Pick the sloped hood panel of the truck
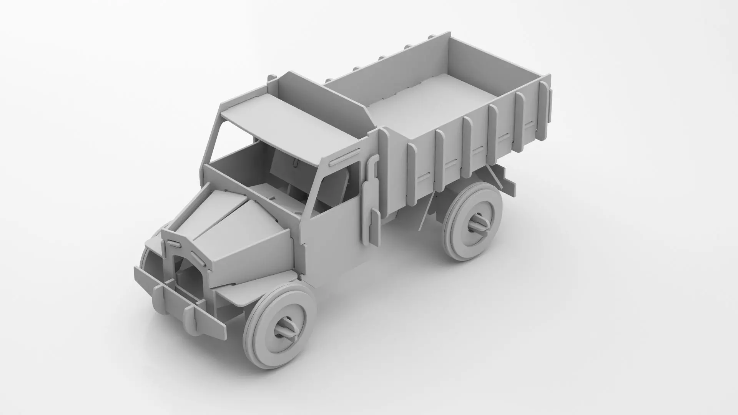(246, 234)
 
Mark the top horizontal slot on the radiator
(173, 242)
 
